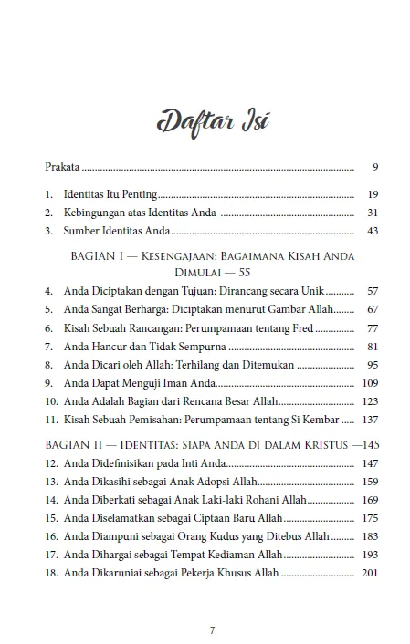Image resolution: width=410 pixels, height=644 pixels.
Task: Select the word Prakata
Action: coord(62,168)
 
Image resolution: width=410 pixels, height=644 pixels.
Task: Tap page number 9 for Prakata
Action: coord(363,168)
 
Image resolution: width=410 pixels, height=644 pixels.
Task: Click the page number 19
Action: coord(360,195)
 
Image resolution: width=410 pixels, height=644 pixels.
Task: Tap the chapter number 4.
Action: coord(48,291)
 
